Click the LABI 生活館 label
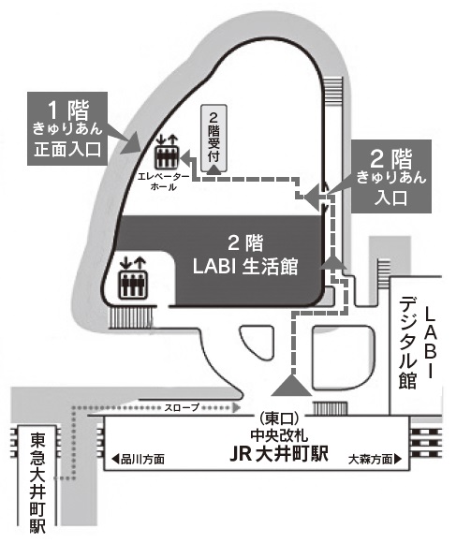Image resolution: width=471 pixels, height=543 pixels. pyautogui.click(x=249, y=257)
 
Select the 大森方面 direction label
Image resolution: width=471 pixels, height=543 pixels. pyautogui.click(x=371, y=460)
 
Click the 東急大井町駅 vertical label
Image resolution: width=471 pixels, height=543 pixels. pyautogui.click(x=37, y=483)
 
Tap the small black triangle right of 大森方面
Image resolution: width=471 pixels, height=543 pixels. pyautogui.click(x=401, y=460)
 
